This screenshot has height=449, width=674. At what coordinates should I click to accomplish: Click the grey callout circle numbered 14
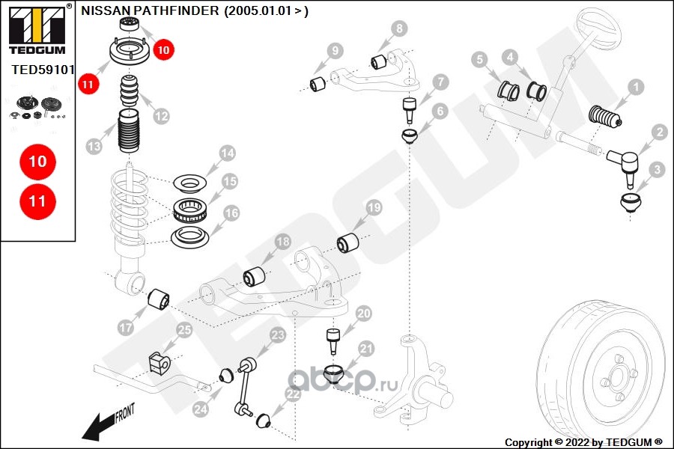tap(227, 154)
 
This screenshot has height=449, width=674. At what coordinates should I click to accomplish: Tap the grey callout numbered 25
tap(184, 330)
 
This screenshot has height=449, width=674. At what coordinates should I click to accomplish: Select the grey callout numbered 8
tap(401, 29)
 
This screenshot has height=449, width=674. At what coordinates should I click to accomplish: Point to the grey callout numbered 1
tap(636, 88)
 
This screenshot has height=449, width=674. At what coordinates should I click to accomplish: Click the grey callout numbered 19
tap(373, 207)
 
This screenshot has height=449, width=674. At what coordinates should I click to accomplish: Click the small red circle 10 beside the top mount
tap(163, 50)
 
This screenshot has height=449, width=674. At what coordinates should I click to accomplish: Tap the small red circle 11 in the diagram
tap(88, 85)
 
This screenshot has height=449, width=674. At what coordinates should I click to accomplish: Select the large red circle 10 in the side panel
tap(37, 161)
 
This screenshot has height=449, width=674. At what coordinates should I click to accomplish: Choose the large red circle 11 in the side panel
tap(37, 201)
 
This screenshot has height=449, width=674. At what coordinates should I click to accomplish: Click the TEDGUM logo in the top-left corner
tap(37, 30)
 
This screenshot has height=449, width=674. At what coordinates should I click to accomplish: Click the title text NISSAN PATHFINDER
tap(150, 10)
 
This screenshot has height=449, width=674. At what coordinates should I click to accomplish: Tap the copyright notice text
tap(583, 442)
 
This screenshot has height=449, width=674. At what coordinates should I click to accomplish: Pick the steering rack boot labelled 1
tap(607, 118)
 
